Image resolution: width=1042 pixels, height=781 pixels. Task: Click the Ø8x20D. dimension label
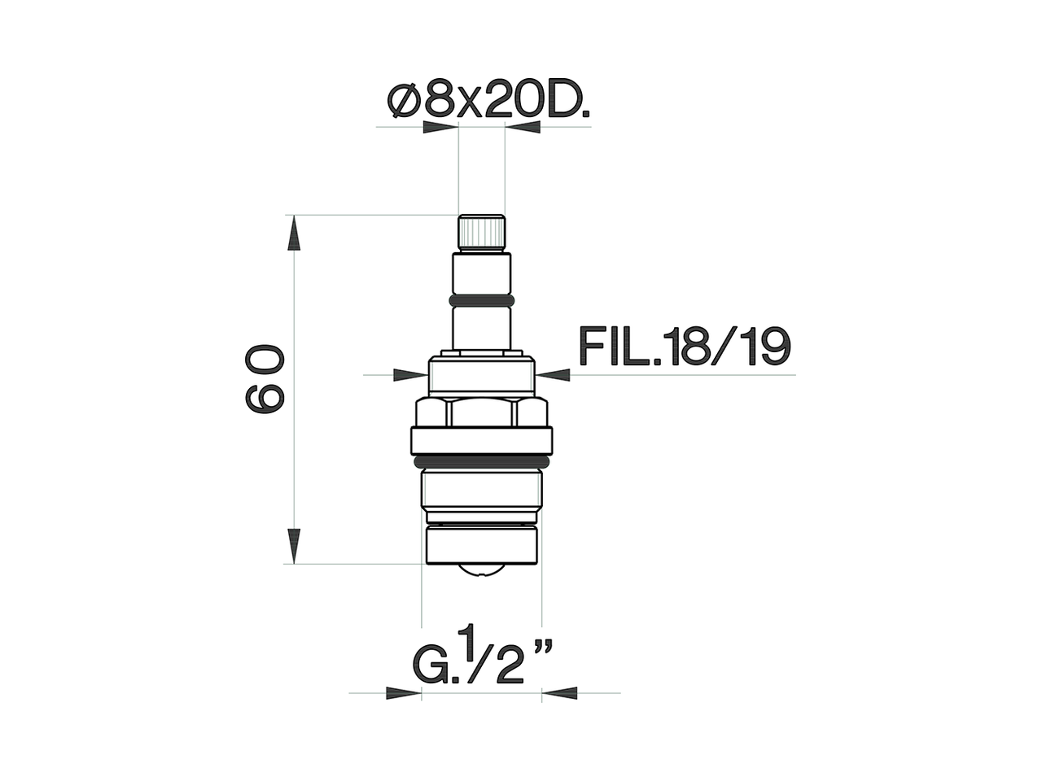click(x=488, y=102)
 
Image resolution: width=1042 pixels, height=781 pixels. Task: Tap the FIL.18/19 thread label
click(x=684, y=347)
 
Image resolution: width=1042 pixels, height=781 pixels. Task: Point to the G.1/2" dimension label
click(x=484, y=658)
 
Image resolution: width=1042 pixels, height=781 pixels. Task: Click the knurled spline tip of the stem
click(x=481, y=233)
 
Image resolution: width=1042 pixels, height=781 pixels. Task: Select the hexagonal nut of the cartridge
click(x=481, y=412)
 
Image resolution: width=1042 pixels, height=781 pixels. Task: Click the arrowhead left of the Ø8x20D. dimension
click(x=441, y=128)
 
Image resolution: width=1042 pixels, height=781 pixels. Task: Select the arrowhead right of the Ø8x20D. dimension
click(x=523, y=128)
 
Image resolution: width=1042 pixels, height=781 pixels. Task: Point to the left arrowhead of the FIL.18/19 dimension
click(x=410, y=374)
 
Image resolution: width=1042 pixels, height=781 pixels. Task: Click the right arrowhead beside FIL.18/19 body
click(x=554, y=374)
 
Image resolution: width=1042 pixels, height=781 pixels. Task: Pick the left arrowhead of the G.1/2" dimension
click(x=404, y=693)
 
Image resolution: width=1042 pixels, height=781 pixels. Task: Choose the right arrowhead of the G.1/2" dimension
click(x=560, y=693)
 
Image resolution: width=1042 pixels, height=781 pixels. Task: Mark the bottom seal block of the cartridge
click(x=481, y=544)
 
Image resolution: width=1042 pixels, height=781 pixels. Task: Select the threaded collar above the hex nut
click(x=481, y=375)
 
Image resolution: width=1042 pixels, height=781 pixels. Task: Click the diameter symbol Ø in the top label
click(x=405, y=103)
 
